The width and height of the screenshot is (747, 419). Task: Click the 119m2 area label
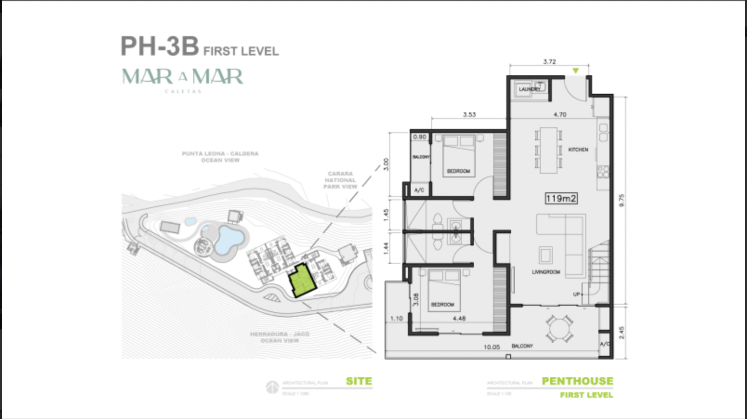pos(561,199)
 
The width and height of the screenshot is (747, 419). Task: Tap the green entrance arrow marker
pos(576,71)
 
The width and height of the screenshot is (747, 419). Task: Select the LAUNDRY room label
pos(529,89)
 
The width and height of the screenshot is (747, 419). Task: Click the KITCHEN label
pos(578,150)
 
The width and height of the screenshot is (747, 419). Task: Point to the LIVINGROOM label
pos(546,272)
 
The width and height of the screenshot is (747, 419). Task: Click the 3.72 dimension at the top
pos(549,61)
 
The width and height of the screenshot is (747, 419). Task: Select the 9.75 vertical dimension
pos(622,200)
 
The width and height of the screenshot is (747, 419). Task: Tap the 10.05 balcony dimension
pos(491,347)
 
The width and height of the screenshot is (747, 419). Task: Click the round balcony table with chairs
pos(559,328)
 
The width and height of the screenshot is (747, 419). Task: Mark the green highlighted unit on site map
pos(301,282)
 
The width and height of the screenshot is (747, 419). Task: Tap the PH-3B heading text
pos(159,46)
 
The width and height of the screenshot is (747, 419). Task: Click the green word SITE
pos(359,381)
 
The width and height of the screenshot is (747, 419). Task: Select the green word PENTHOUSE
pos(577,381)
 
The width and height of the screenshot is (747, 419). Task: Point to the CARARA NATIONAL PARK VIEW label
pos(340,180)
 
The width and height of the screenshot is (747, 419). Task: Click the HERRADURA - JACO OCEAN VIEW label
pos(279,337)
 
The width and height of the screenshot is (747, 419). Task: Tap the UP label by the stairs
pos(577,295)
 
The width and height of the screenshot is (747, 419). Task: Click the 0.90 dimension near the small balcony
pos(419,137)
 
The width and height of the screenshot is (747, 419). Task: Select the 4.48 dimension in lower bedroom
pos(459,318)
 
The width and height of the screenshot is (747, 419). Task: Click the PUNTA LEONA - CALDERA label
pos(220,153)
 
